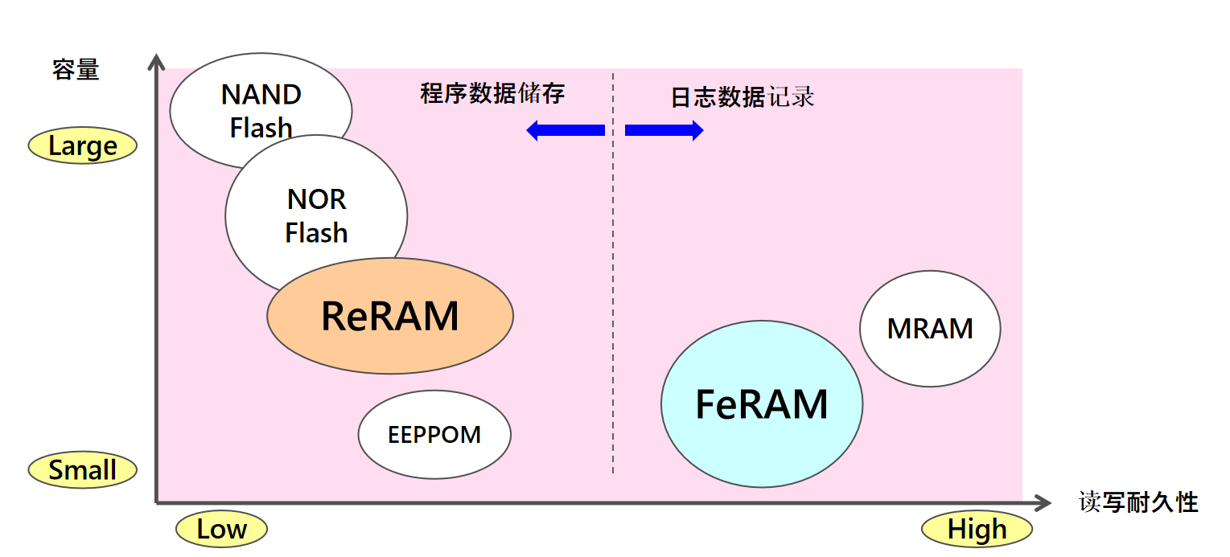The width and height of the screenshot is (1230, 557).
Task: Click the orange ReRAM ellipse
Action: tap(390, 316)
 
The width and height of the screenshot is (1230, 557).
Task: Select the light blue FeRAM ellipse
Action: tap(761, 403)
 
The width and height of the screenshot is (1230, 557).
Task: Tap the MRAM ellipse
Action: tap(930, 329)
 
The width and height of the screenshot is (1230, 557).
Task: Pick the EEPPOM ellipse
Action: tap(434, 435)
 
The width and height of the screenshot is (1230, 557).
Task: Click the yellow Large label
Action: tap(83, 146)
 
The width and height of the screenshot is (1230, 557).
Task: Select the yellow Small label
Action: tap(83, 470)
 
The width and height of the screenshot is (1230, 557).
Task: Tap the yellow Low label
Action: tap(221, 529)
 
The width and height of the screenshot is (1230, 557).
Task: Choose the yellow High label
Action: tap(977, 530)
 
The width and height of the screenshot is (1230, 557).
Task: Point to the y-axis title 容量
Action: tap(76, 70)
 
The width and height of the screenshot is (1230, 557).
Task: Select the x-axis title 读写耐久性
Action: tap(1138, 503)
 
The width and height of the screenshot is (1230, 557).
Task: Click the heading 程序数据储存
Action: tap(492, 93)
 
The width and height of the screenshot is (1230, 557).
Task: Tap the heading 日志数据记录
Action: tap(742, 97)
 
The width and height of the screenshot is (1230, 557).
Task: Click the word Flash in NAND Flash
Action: tap(261, 128)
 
